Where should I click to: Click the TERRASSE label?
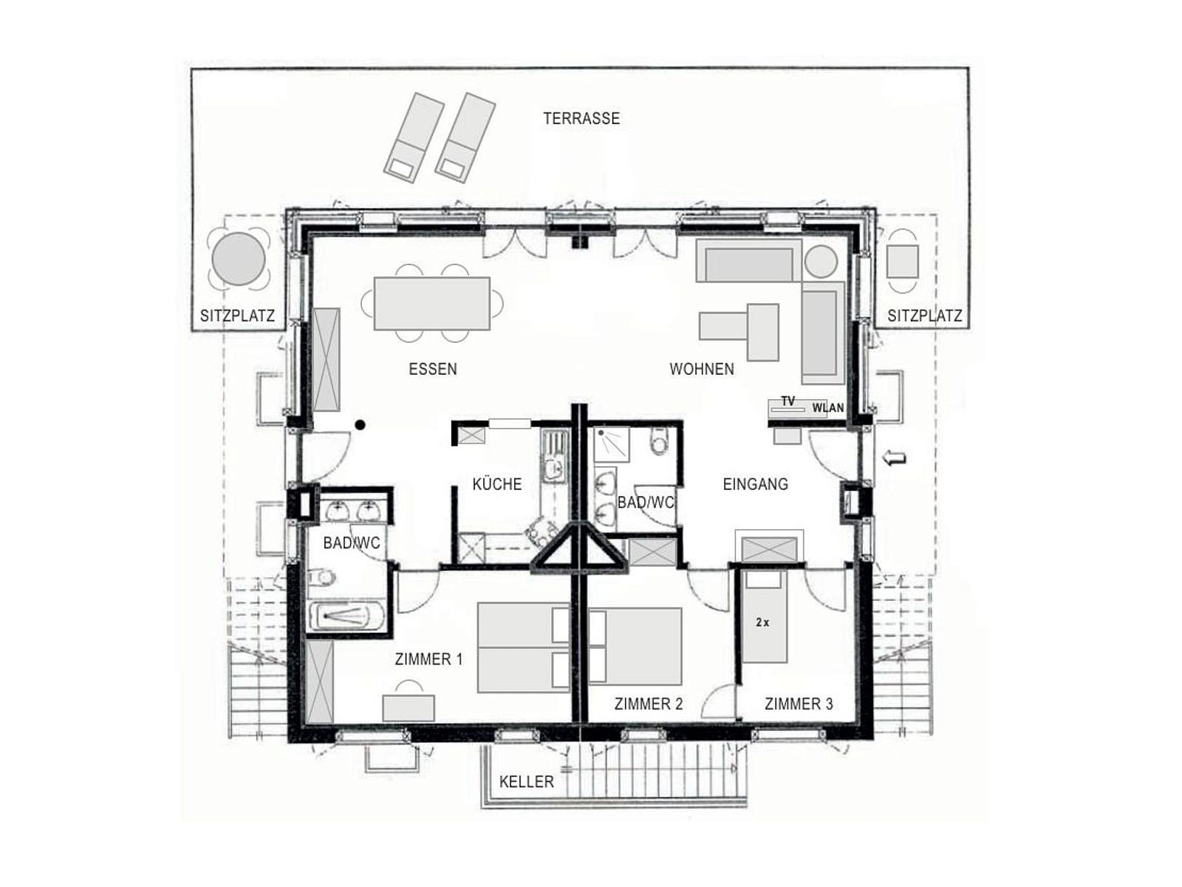click(581, 118)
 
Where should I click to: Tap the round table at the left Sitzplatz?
click(239, 259)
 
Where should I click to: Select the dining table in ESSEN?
click(432, 303)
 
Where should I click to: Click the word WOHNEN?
click(702, 369)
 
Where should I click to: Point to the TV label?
click(788, 401)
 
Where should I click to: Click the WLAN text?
click(828, 408)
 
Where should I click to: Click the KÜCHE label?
click(497, 484)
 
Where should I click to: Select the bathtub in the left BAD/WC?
click(345, 616)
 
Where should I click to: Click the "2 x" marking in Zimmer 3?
click(762, 622)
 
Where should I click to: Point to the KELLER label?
click(526, 782)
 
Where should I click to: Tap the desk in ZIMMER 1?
click(409, 707)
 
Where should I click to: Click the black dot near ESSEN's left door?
click(361, 425)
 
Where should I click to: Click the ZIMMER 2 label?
click(649, 704)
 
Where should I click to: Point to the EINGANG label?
click(756, 484)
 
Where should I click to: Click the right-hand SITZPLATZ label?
click(924, 316)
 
